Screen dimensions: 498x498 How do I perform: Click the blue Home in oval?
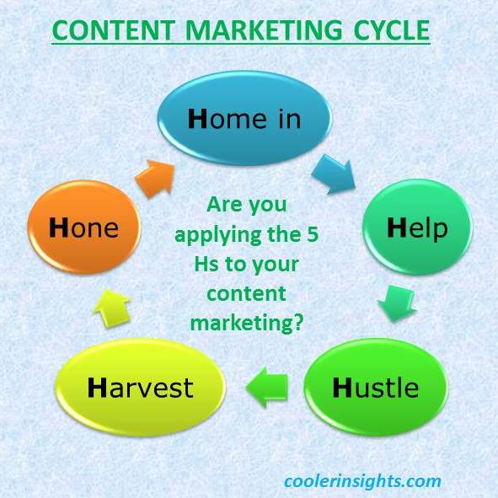(244, 118)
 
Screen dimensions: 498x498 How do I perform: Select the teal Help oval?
(418, 228)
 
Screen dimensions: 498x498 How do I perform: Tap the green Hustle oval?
(376, 387)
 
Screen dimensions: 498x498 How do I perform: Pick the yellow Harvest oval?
(141, 388)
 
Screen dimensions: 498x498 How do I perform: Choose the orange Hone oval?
(84, 227)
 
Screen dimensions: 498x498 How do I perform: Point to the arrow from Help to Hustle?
(397, 303)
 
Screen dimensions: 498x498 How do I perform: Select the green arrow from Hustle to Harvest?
(267, 388)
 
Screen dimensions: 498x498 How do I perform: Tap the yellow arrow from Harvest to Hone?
(112, 308)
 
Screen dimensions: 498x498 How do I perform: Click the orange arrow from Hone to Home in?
(156, 179)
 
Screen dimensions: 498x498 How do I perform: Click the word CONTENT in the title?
(114, 30)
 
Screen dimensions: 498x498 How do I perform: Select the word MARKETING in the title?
(264, 30)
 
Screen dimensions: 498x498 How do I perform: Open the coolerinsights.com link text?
(362, 481)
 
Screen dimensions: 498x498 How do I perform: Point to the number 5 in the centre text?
(313, 234)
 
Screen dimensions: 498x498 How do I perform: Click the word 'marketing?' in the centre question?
(247, 324)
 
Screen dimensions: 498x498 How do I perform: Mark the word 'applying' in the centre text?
(219, 236)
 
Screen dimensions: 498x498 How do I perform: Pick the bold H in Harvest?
(97, 388)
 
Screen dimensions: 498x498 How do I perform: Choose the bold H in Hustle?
(342, 388)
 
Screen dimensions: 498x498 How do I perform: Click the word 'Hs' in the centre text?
(206, 265)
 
